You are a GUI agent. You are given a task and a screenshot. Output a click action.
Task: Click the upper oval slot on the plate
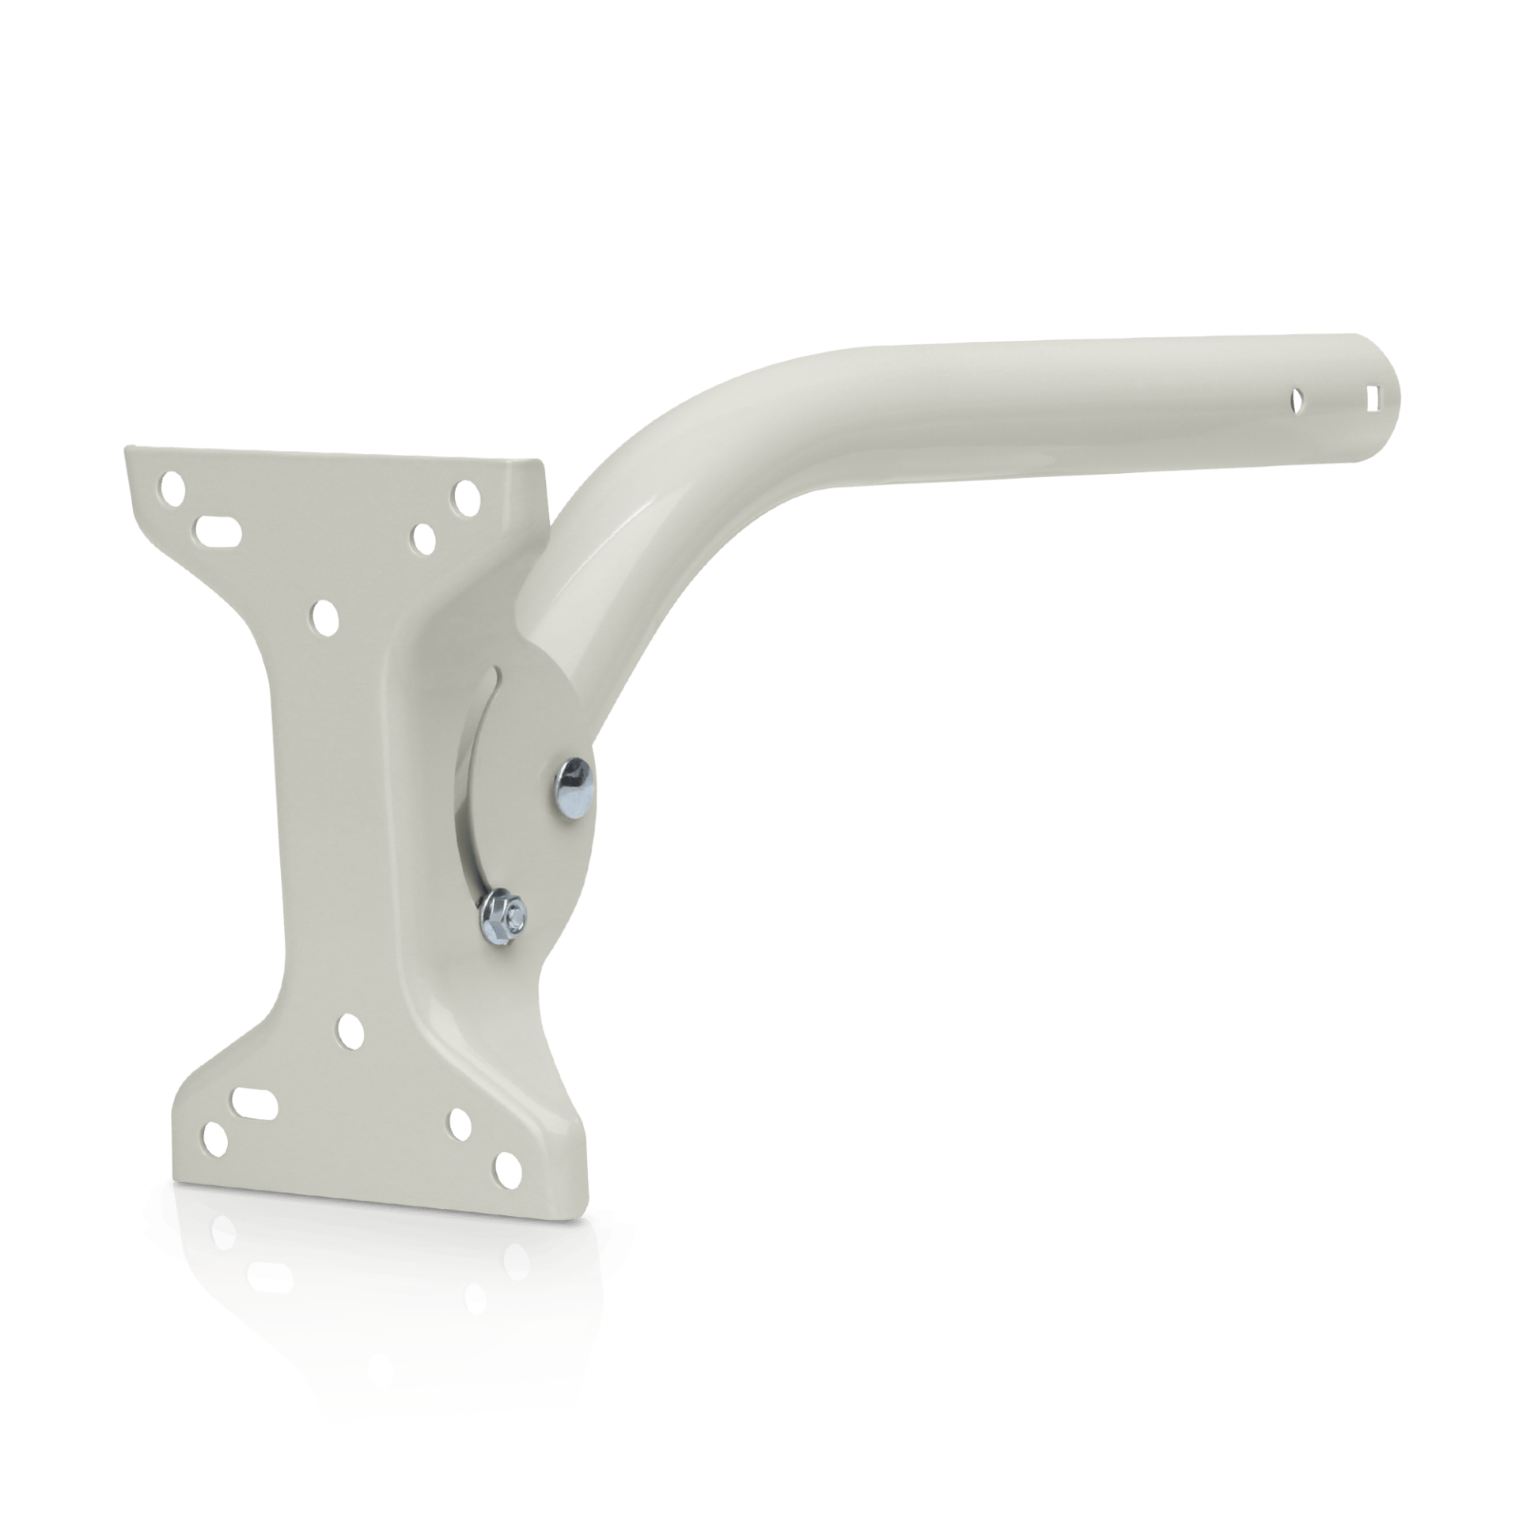(218, 527)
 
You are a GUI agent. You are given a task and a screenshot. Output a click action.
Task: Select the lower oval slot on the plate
(251, 1101)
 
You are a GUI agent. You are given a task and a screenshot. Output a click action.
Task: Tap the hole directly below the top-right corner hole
(423, 539)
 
